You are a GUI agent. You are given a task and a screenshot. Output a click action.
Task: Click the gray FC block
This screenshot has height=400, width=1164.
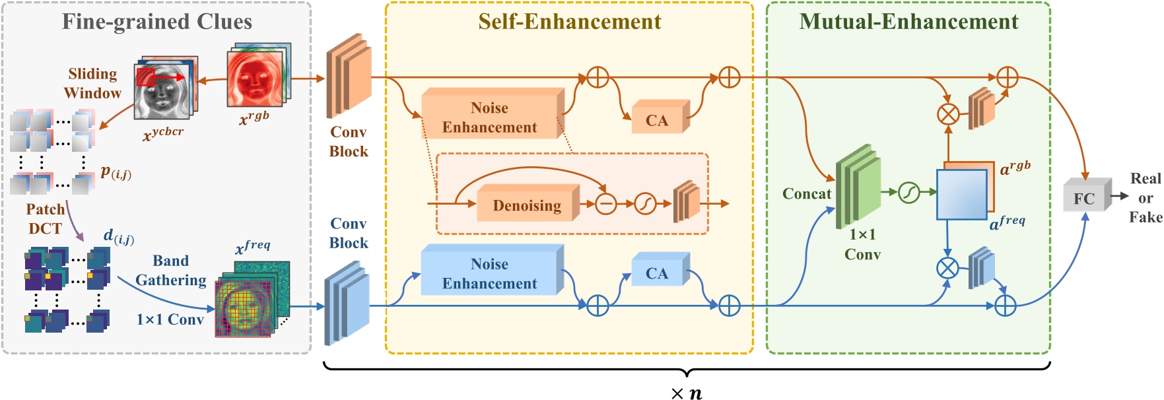1085,197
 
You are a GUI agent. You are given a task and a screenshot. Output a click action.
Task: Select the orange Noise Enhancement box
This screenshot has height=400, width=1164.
490,117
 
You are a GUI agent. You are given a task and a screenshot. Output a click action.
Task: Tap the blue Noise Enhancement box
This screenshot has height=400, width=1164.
490,273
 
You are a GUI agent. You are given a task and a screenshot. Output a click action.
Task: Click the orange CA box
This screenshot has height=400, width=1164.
657,119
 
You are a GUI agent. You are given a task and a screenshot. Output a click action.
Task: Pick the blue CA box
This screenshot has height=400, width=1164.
657,273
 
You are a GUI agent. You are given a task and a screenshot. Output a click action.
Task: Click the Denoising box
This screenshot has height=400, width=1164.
526,205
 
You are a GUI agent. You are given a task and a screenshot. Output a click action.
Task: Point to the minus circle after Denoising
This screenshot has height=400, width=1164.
605,204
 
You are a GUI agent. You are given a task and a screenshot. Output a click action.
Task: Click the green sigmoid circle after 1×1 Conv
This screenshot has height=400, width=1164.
909,192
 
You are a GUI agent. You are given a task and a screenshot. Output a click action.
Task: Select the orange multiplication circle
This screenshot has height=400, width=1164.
948,114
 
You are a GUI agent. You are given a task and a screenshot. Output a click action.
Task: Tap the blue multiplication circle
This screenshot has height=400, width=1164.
947,268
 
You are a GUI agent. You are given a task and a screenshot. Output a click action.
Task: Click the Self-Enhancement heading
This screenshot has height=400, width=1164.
569,21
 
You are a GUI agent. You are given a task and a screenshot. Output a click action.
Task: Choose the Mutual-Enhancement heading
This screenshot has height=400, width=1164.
908,21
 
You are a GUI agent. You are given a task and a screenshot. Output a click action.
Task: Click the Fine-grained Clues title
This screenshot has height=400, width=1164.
157,21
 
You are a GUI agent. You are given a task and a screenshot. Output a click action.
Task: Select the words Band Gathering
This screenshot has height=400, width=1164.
171,270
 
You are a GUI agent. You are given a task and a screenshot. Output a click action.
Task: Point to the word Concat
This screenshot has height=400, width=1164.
806,193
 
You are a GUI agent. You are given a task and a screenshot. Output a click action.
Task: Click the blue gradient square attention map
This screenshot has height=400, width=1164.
961,195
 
